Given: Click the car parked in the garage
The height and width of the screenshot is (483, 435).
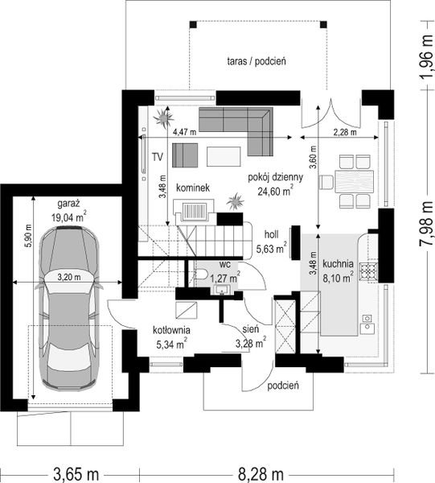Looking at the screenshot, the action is [x=68, y=308].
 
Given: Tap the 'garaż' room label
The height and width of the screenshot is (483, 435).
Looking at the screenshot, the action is [x=68, y=204].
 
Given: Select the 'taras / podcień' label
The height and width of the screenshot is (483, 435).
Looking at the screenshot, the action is [x=256, y=61].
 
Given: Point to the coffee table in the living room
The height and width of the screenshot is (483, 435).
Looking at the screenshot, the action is [x=224, y=156].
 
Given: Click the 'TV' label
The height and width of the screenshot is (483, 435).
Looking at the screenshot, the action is [x=158, y=157].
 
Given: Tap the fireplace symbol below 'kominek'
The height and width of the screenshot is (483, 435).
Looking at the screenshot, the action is [x=194, y=212].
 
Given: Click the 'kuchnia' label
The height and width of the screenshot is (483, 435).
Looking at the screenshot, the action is [x=338, y=264].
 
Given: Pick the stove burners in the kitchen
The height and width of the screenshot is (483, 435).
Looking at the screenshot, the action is [x=369, y=272].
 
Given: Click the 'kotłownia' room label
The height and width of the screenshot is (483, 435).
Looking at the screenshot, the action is [x=171, y=330].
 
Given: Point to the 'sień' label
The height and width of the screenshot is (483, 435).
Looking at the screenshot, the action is [x=250, y=329].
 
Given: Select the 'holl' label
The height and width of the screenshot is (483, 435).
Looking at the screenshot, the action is [x=272, y=235].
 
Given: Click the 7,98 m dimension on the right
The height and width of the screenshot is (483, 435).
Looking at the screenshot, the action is [x=426, y=220].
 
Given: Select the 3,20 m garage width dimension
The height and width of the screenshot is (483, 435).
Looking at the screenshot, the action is [x=69, y=277].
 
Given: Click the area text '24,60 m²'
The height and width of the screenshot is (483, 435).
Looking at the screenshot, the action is [x=275, y=192].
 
